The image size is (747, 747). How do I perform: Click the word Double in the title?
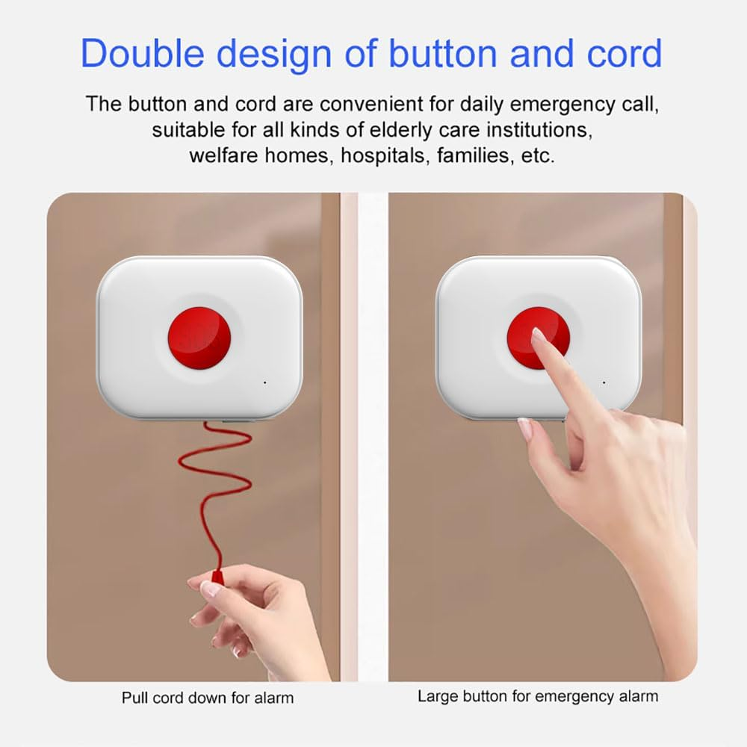142,53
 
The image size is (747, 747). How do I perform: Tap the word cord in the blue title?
624,53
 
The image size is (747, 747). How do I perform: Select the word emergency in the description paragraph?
562,105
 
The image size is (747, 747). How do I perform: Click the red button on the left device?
199,338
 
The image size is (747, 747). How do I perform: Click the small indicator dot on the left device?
265,382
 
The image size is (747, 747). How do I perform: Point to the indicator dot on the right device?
604,382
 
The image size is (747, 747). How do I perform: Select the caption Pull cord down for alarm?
208,698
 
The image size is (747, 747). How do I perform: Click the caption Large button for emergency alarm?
538,696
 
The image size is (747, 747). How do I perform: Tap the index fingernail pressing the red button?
539,335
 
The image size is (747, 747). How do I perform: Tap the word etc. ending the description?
538,156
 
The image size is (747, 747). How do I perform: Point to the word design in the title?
274,54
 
